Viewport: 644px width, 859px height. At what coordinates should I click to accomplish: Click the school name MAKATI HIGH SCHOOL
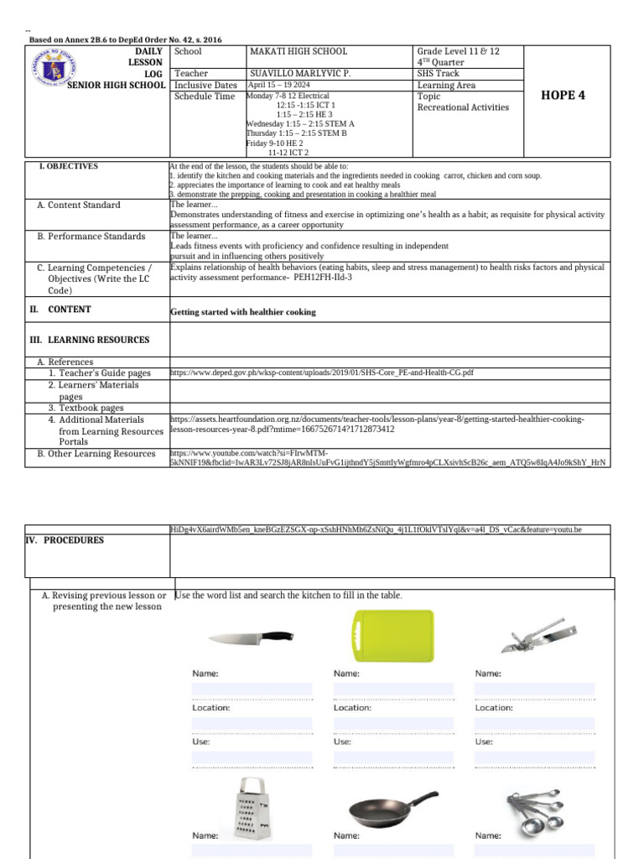tap(299, 52)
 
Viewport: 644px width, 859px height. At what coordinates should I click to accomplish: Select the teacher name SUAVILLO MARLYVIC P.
tap(300, 74)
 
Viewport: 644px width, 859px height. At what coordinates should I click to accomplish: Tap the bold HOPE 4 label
tap(564, 95)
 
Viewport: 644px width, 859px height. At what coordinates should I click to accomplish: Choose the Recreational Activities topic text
tap(463, 107)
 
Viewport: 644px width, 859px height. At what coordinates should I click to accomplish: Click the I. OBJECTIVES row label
tap(68, 167)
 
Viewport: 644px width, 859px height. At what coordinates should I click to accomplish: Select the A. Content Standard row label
tap(78, 206)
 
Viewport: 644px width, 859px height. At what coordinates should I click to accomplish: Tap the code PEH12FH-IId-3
tap(322, 276)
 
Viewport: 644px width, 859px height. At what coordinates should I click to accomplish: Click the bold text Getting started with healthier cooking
tap(243, 312)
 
